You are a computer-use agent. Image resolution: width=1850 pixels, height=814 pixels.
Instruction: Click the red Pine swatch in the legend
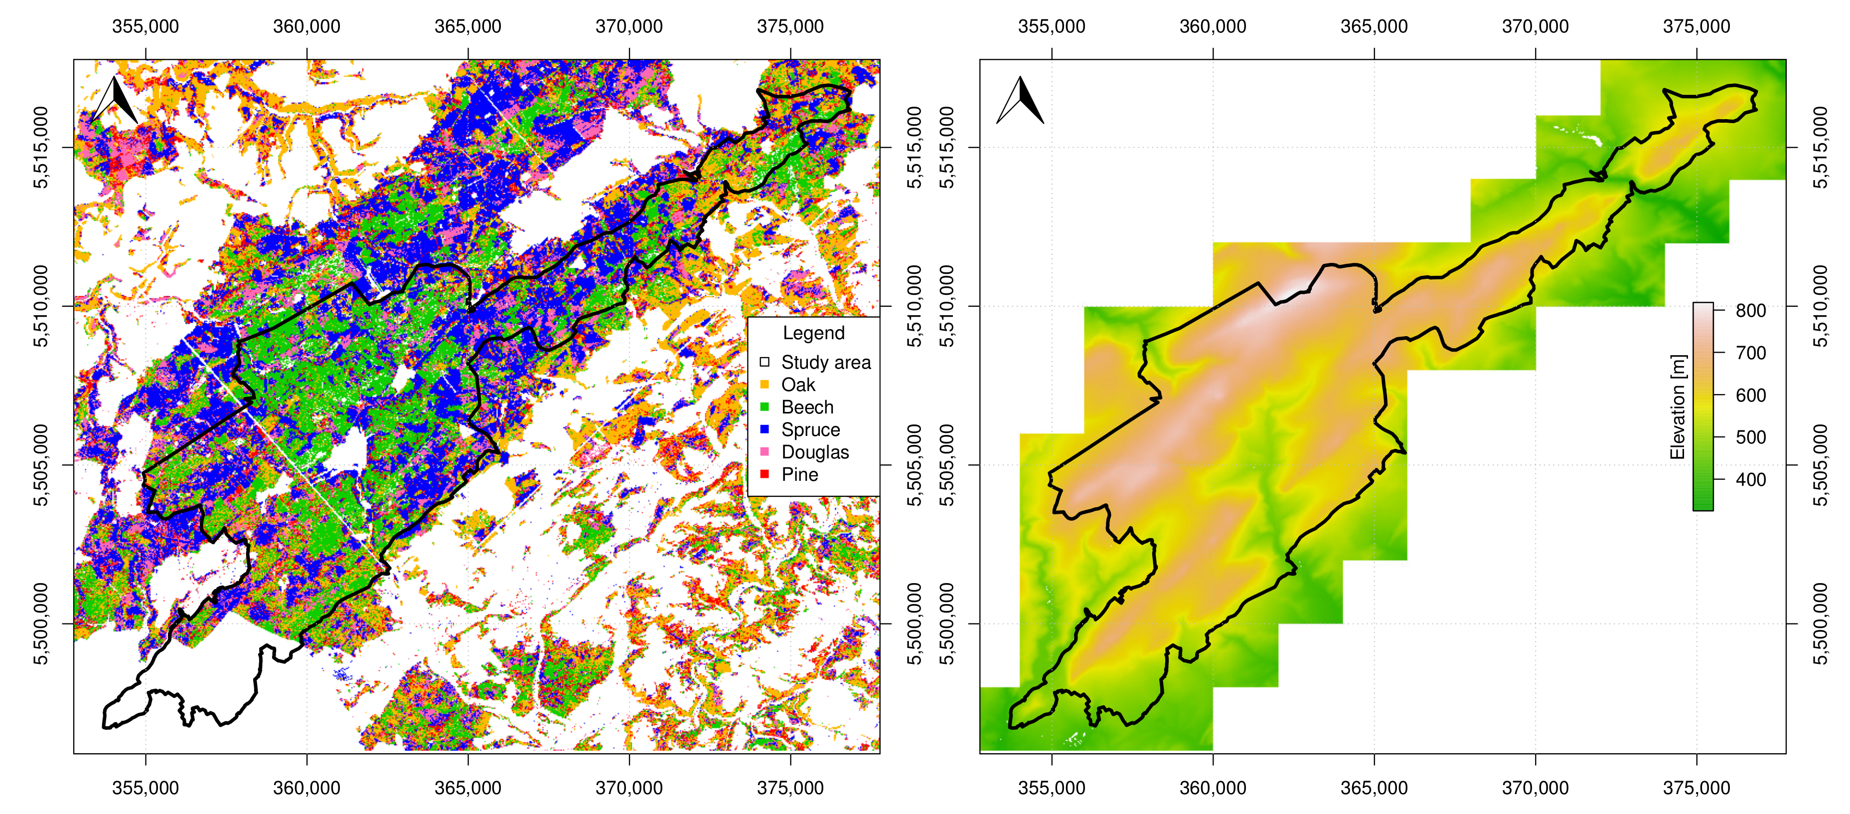(x=764, y=474)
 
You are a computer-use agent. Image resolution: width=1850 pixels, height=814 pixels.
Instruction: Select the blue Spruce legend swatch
(x=764, y=429)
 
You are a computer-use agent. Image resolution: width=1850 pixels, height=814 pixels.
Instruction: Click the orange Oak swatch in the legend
(x=764, y=385)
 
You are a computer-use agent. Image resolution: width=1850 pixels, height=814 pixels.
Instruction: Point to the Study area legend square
(x=764, y=362)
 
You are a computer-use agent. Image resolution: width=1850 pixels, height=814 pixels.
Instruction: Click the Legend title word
(x=813, y=333)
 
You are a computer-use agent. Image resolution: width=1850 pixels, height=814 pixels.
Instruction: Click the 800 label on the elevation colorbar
(x=1750, y=310)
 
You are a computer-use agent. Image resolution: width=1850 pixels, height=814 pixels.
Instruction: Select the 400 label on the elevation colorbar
(x=1750, y=479)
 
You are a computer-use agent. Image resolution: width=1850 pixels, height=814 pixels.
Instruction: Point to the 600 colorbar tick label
(x=1750, y=395)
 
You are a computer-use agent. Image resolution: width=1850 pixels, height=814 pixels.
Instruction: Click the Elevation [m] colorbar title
(x=1677, y=407)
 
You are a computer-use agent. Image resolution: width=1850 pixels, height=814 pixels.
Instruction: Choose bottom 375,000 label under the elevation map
(x=1696, y=788)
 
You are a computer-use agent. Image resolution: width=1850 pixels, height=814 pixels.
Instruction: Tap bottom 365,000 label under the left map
(x=467, y=788)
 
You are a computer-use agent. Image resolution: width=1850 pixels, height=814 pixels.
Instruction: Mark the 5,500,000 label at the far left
(x=41, y=623)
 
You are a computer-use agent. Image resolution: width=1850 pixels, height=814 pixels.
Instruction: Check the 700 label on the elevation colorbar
(x=1750, y=353)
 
